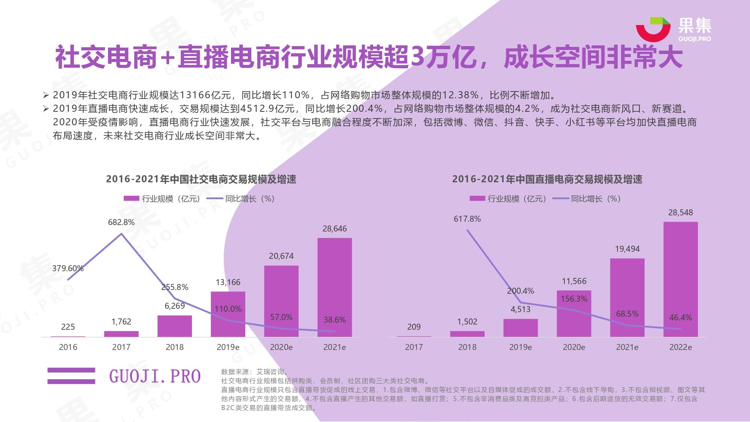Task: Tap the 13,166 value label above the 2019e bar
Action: tap(228, 282)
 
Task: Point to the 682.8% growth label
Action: tap(121, 222)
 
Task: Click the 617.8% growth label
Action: tap(467, 219)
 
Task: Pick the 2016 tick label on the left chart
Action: tap(68, 347)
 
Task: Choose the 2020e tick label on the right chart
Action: tap(574, 347)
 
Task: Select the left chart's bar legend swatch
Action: tap(131, 198)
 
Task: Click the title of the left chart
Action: tap(201, 179)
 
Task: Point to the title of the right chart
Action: tap(547, 179)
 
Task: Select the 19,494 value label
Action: tap(627, 249)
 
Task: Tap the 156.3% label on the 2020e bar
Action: tap(574, 299)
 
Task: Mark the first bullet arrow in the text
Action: tap(46, 95)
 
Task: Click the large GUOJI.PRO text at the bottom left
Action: tap(155, 376)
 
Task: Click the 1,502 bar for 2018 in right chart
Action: tap(467, 333)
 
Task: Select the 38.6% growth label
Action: tap(334, 320)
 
